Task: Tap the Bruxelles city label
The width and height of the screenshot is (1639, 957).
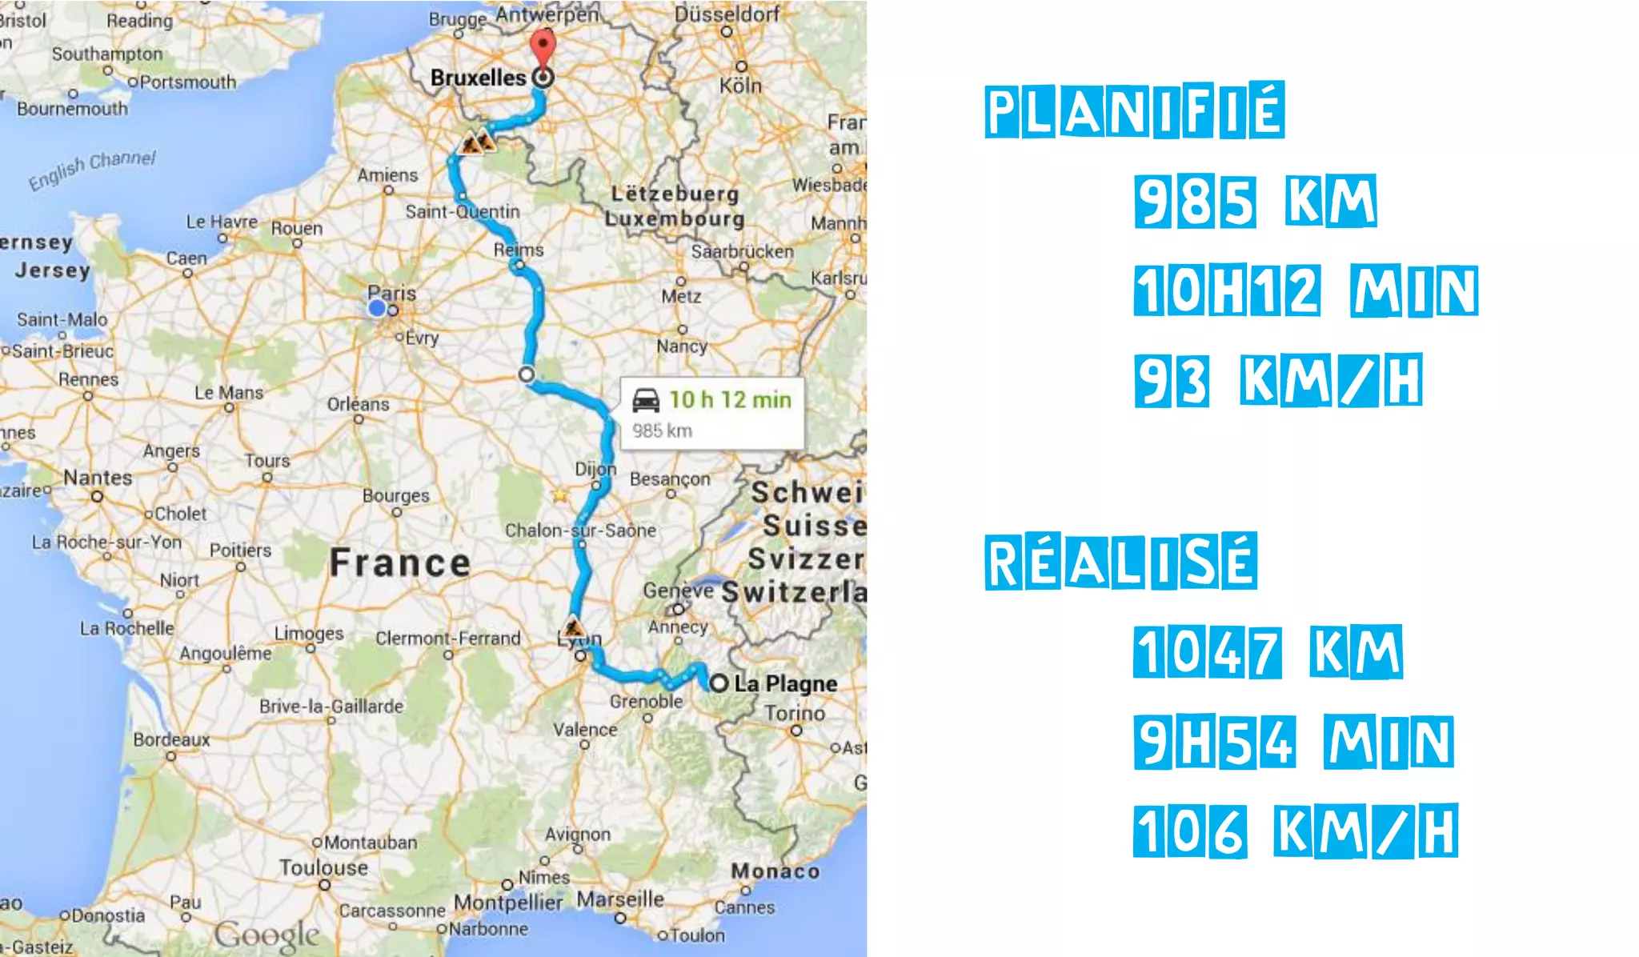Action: point(478,78)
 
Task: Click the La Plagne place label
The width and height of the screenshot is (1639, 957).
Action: point(785,683)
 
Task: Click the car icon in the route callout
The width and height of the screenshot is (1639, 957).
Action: point(646,399)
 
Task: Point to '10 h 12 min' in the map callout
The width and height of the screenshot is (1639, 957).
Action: point(730,399)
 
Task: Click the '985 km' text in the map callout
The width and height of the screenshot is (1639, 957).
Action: point(662,430)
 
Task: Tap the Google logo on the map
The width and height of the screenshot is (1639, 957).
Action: point(266,935)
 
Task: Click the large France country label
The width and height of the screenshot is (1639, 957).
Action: point(400,563)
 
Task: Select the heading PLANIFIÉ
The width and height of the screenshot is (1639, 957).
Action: point(1134,110)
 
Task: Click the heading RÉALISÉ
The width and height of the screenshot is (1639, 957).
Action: point(1120,562)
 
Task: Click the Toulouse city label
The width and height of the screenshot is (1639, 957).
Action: point(323,867)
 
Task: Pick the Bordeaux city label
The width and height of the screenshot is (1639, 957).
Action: point(171,739)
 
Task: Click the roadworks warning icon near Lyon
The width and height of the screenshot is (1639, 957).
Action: point(572,626)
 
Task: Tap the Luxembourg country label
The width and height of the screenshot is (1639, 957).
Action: point(675,218)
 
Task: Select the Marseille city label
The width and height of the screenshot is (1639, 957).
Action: point(620,899)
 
